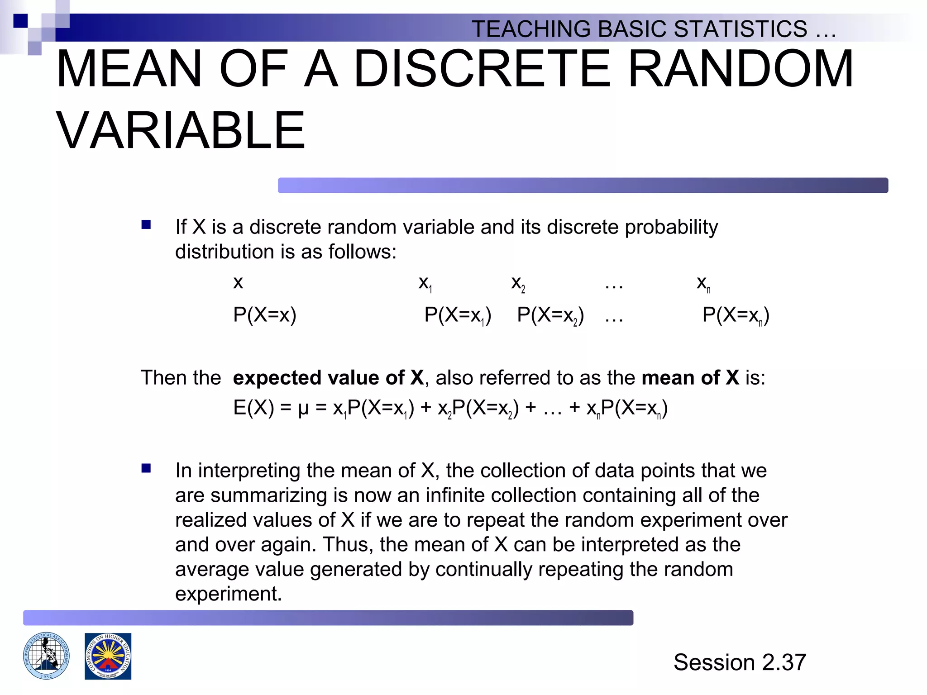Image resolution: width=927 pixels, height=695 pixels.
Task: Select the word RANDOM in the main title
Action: coord(741,69)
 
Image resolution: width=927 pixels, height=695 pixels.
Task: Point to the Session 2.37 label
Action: coord(740,662)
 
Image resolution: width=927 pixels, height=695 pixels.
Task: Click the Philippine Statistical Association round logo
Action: coord(47,656)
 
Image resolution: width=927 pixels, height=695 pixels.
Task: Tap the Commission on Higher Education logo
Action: coord(108,656)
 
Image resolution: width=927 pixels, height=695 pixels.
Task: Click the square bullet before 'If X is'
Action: coord(146,225)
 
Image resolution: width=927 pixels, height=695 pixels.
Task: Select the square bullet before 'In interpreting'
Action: coord(146,468)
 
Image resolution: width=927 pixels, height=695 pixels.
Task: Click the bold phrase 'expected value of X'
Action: coord(328,378)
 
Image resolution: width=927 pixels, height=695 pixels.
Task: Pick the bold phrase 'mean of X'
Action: coord(690,378)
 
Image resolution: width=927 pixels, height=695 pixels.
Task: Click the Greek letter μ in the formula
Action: coord(303,409)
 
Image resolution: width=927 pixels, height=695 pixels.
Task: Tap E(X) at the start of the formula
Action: coord(253,408)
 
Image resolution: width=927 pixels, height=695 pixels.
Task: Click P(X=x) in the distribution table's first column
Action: coord(265,315)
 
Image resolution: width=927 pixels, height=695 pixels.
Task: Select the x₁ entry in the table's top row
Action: coord(425,283)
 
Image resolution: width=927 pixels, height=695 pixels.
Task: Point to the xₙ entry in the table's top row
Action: coord(703,283)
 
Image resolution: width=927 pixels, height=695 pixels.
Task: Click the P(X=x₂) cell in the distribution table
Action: coord(550,315)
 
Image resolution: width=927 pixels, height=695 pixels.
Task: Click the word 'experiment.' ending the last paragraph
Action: coord(228,594)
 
